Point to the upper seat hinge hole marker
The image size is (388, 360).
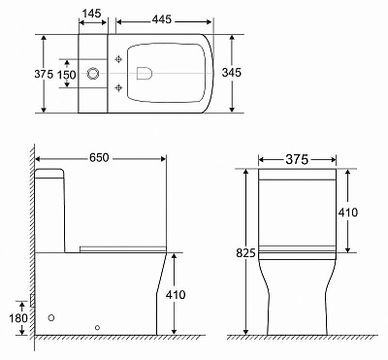click(119, 59)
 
